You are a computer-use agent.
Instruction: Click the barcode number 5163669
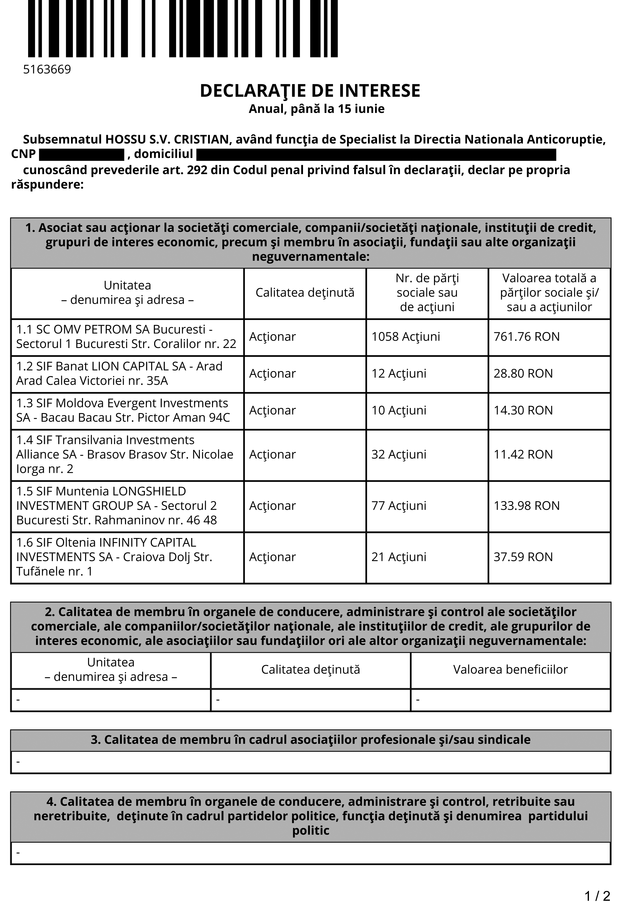(47, 70)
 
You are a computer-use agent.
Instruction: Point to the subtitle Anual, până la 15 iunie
(316, 109)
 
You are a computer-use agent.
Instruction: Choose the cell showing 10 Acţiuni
(398, 410)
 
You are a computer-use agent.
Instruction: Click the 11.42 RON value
(523, 454)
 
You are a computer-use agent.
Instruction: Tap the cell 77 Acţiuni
(398, 506)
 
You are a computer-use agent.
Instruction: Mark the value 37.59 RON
(523, 557)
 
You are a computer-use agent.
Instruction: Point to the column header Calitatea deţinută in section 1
(305, 293)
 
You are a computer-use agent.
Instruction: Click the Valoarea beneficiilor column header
(510, 670)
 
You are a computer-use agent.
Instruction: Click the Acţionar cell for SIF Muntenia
(272, 506)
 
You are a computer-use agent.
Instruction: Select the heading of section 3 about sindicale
(310, 740)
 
